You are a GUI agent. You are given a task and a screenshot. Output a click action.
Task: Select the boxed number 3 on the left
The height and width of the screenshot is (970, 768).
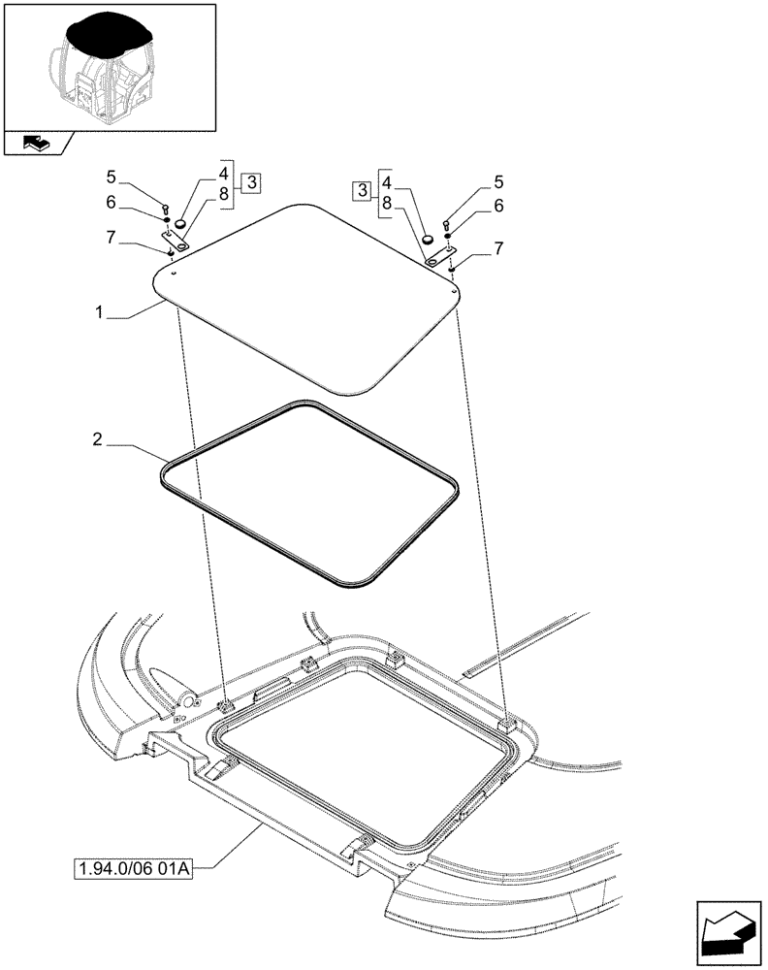click(250, 182)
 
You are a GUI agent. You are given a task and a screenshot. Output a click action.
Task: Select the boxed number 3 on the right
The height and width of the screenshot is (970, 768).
click(363, 189)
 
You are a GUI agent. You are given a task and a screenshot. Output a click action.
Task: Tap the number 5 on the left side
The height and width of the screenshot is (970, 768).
click(112, 178)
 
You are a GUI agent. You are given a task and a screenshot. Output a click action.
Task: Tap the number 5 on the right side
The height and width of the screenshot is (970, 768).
click(498, 181)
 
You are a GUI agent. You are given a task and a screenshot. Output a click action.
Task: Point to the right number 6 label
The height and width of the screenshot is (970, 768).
click(498, 206)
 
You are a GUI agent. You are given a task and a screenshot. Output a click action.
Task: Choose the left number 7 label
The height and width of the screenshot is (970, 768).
click(112, 236)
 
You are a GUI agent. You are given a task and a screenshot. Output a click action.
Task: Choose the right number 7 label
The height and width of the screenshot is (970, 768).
click(498, 248)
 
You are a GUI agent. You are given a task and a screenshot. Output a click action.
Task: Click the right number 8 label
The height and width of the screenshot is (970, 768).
click(387, 204)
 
